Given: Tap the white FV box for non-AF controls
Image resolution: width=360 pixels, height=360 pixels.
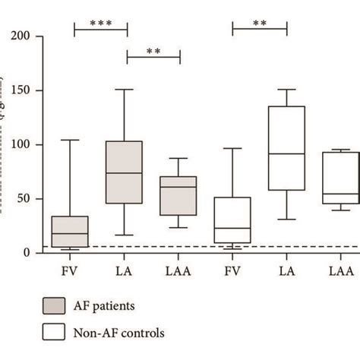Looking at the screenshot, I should point(233,220).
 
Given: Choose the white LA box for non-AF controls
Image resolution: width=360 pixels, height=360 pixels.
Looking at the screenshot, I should point(286,148).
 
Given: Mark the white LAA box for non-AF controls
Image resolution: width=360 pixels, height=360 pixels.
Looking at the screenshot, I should point(340,178).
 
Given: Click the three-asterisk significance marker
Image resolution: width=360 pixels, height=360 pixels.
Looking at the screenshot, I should point(101,24).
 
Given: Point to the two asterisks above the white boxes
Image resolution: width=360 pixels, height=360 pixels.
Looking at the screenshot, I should point(260,24).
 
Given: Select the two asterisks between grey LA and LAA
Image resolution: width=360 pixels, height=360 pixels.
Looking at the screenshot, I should point(153,52).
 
